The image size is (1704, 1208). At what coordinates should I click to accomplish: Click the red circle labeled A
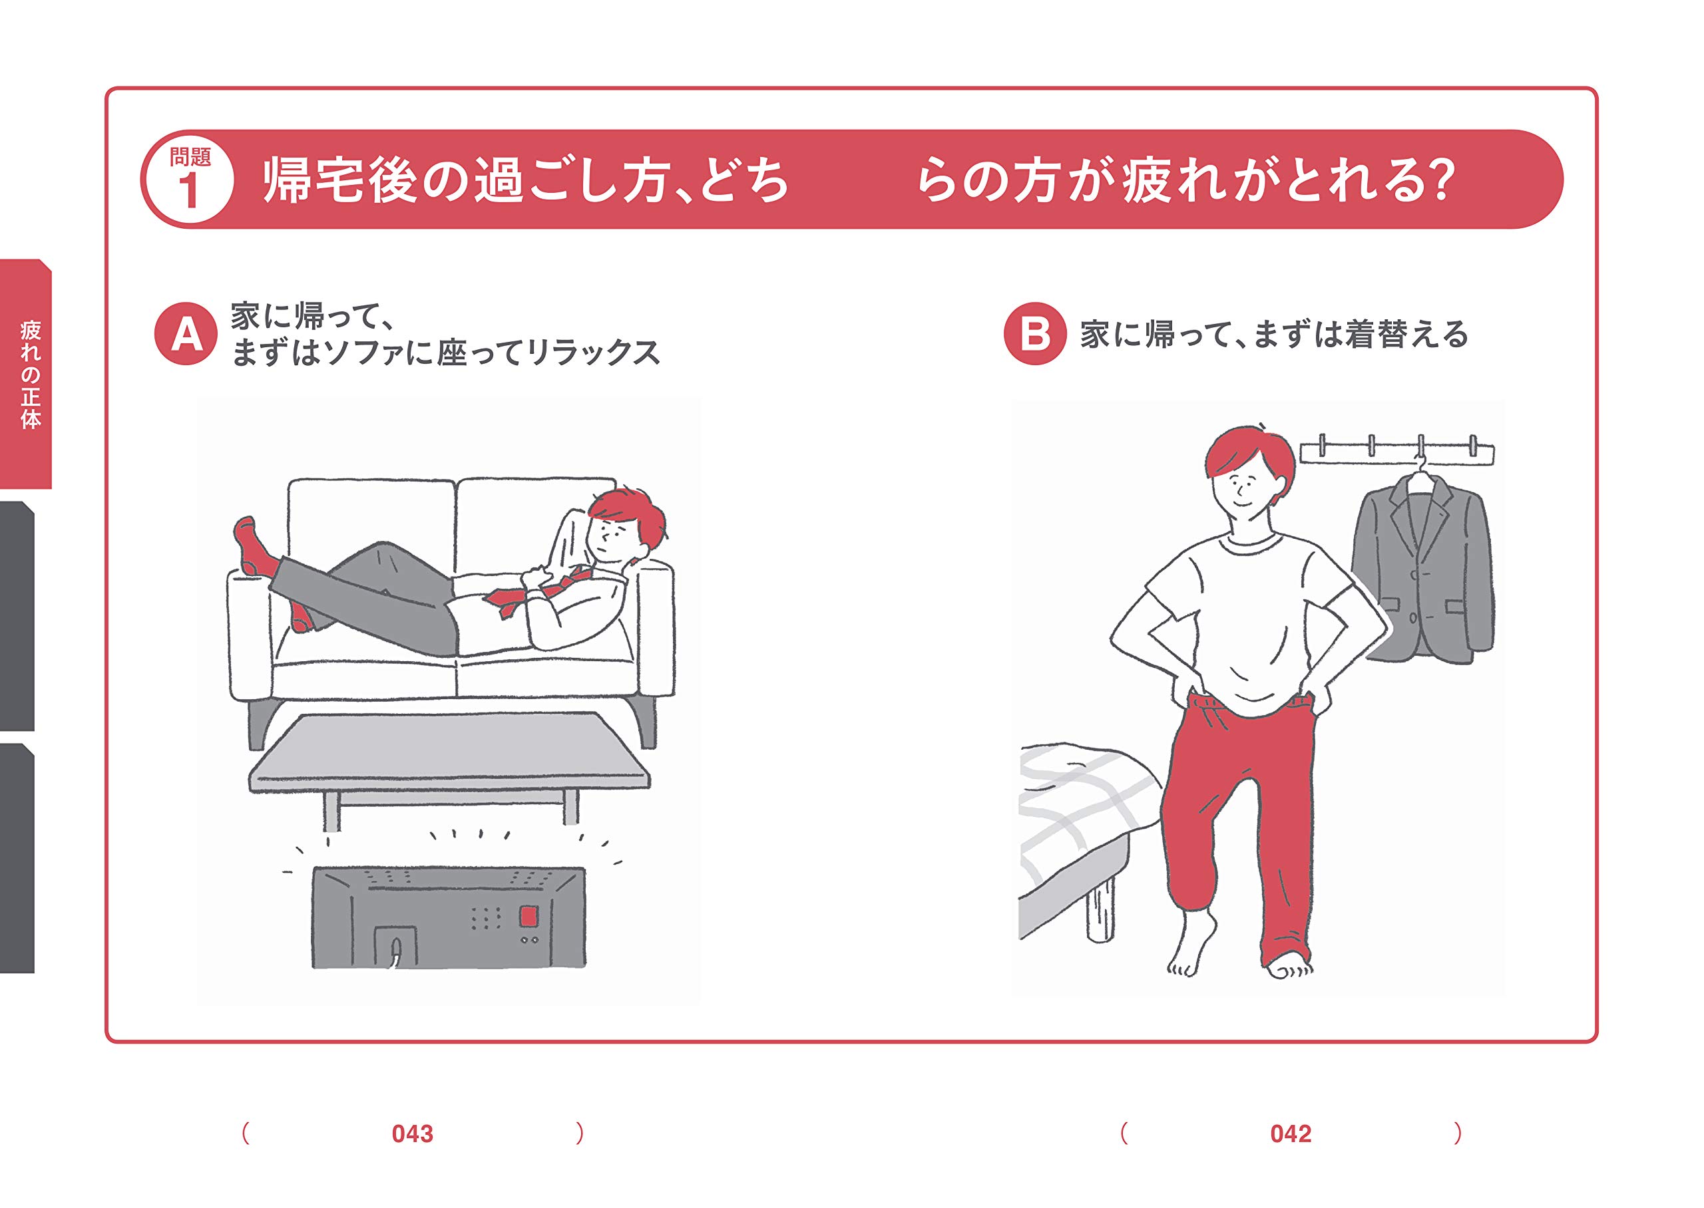(x=186, y=334)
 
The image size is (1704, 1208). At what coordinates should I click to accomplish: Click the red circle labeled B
(x=1034, y=334)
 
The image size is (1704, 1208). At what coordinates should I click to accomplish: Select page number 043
(x=412, y=1133)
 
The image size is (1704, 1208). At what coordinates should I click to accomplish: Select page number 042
(x=1290, y=1133)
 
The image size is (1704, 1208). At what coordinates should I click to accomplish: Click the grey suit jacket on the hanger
(x=1421, y=573)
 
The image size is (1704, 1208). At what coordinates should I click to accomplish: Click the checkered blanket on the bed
(x=1079, y=811)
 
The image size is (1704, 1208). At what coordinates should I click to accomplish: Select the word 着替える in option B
(x=1406, y=334)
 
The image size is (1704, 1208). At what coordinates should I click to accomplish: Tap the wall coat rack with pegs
(x=1396, y=452)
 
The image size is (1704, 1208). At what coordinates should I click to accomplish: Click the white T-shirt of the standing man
(x=1250, y=617)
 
